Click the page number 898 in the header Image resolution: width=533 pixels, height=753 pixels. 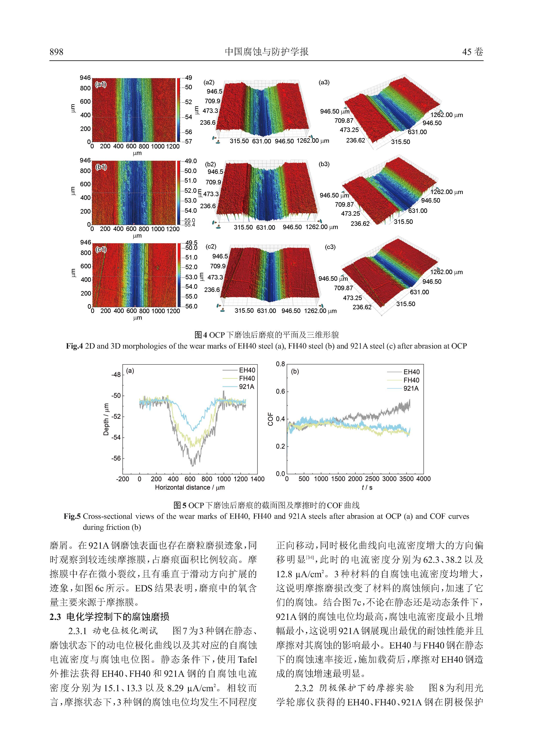(57, 52)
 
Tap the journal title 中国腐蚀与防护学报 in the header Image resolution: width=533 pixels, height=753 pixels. (266, 52)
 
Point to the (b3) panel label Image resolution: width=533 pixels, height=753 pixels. (324, 164)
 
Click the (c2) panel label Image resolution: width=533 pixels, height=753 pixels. (211, 247)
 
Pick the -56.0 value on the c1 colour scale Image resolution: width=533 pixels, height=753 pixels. (191, 306)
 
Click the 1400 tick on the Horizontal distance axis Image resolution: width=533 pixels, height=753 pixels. (257, 479)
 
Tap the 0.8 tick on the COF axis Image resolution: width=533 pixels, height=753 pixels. (280, 364)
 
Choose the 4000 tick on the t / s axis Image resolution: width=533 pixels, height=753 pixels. (423, 479)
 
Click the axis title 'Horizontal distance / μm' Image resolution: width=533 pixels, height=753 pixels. (190, 487)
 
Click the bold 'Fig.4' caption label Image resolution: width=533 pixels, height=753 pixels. (75, 346)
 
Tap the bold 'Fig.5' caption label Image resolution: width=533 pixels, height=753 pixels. (72, 516)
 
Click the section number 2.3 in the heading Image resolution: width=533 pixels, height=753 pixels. (55, 617)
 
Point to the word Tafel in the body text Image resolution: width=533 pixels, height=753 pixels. (247, 659)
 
